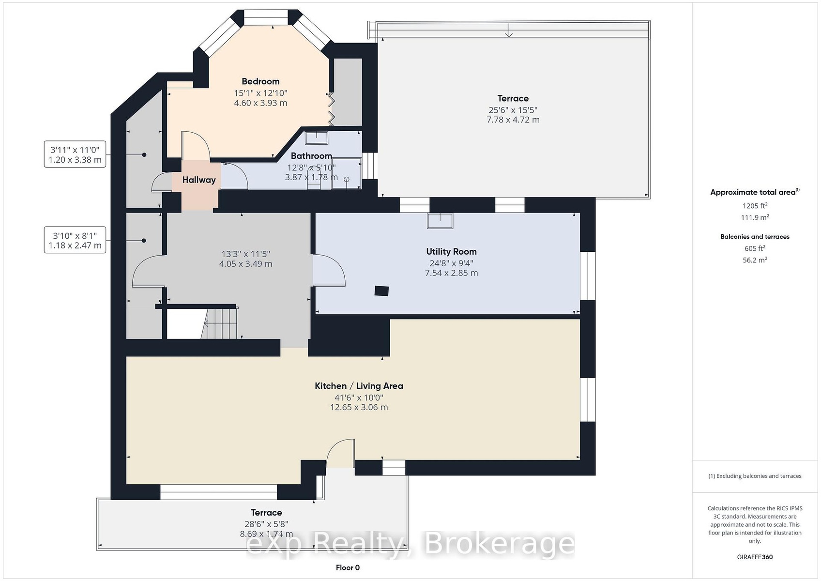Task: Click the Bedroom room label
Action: (x=260, y=81)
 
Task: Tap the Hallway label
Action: (x=199, y=180)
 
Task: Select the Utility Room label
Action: (x=451, y=251)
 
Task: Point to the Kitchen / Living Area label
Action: (x=359, y=386)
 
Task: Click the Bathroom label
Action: (x=311, y=156)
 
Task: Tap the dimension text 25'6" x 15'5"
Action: (x=513, y=110)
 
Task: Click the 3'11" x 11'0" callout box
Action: (x=75, y=154)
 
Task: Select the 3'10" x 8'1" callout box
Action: (x=75, y=240)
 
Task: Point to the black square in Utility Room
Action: (x=381, y=291)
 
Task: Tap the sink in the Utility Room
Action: (x=440, y=221)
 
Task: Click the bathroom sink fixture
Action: (x=316, y=138)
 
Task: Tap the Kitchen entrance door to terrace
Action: (x=340, y=453)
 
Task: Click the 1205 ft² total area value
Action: (x=755, y=206)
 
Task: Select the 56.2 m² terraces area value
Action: (x=755, y=260)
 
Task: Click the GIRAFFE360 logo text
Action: (x=755, y=557)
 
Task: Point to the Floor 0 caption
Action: (x=348, y=568)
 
